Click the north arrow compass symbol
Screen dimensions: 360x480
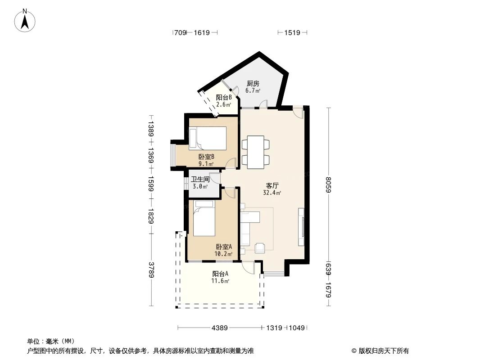(x=25, y=20)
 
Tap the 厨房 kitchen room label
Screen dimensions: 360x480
(x=252, y=84)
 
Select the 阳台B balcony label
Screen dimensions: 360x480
(x=224, y=98)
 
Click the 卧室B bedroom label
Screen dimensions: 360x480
(x=206, y=157)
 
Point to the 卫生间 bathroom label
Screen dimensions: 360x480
(x=199, y=179)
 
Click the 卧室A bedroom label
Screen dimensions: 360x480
(x=224, y=247)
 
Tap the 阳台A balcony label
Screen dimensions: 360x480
(x=220, y=274)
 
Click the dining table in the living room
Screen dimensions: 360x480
(x=256, y=152)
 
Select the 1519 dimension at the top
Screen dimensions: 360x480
(x=292, y=32)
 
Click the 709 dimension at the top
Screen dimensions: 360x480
(x=180, y=32)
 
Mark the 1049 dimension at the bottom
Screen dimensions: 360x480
(x=297, y=328)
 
